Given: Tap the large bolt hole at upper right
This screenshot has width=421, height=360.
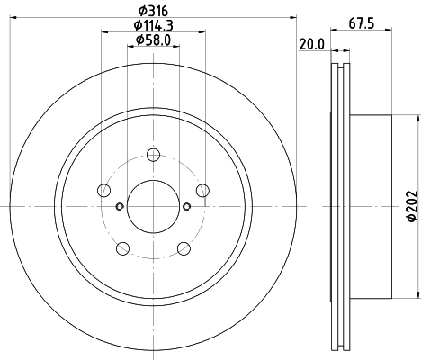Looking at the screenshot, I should (202, 189).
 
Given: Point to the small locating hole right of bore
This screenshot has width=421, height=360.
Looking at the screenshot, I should (186, 206).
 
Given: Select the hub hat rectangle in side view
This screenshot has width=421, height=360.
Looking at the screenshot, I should (372, 206).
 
